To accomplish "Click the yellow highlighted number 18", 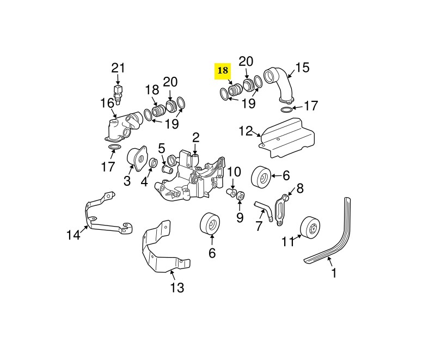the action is click(223, 71).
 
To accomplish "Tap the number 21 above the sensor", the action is click(118, 68).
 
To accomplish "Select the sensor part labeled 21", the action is click(118, 94).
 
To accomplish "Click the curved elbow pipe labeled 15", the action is click(279, 84).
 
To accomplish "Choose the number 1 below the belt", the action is click(334, 273).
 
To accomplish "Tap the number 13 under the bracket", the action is click(177, 288).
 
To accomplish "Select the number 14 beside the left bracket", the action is click(73, 235).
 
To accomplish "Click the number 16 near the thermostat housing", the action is click(107, 103).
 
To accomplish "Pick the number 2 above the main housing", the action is click(195, 138).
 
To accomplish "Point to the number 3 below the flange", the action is click(127, 180).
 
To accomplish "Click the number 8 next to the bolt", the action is click(300, 188).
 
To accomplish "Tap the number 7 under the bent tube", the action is click(259, 226).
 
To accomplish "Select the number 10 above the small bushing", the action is click(234, 172).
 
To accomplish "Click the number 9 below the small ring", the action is click(240, 217).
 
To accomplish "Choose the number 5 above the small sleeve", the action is click(161, 148).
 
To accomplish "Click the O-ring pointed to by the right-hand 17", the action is click(286, 110).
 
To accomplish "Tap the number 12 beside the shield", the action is click(246, 131).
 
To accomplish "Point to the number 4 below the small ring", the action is click(144, 181).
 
